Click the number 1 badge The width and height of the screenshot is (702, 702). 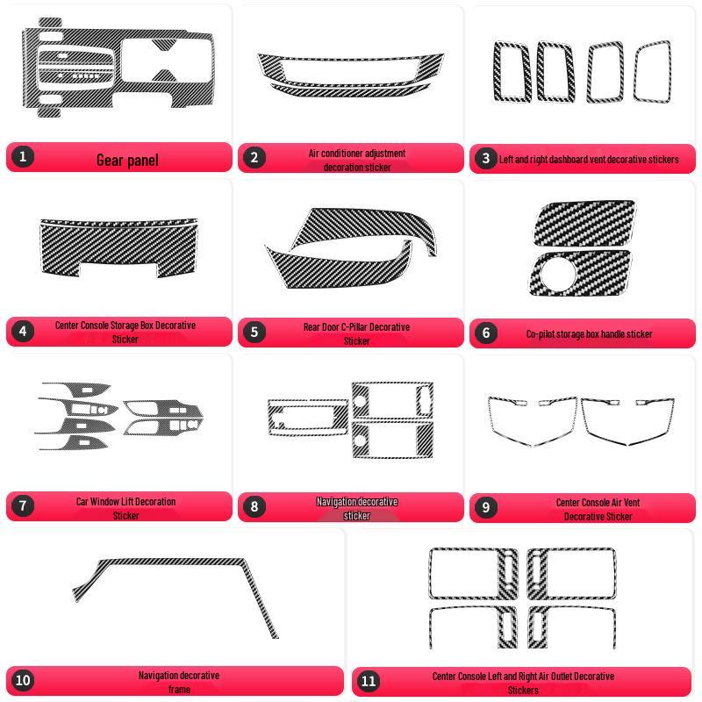tap(23, 157)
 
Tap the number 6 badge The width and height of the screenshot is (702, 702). tap(486, 333)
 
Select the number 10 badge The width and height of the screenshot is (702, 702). tap(23, 681)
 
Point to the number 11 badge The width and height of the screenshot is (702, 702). tap(369, 682)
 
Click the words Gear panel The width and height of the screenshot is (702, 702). tap(127, 161)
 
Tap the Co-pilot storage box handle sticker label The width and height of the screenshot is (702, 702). tap(589, 334)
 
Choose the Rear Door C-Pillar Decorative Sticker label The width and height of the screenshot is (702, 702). tap(357, 334)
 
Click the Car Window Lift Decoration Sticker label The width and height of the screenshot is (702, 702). tap(125, 509)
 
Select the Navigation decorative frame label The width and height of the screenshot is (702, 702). tap(179, 683)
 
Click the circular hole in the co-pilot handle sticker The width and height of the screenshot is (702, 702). tap(558, 273)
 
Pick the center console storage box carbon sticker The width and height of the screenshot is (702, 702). tap(119, 247)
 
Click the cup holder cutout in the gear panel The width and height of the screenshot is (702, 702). tap(167, 61)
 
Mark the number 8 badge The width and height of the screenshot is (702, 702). tap(254, 507)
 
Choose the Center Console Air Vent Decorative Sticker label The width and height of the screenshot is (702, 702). tap(598, 510)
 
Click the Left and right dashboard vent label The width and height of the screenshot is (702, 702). tap(589, 160)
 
